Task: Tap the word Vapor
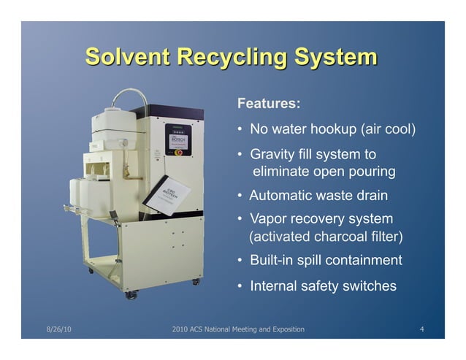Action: (269, 219)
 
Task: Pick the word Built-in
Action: (272, 261)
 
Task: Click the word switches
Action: (370, 286)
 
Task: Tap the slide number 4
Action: (421, 330)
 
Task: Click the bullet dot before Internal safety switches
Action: (240, 287)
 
